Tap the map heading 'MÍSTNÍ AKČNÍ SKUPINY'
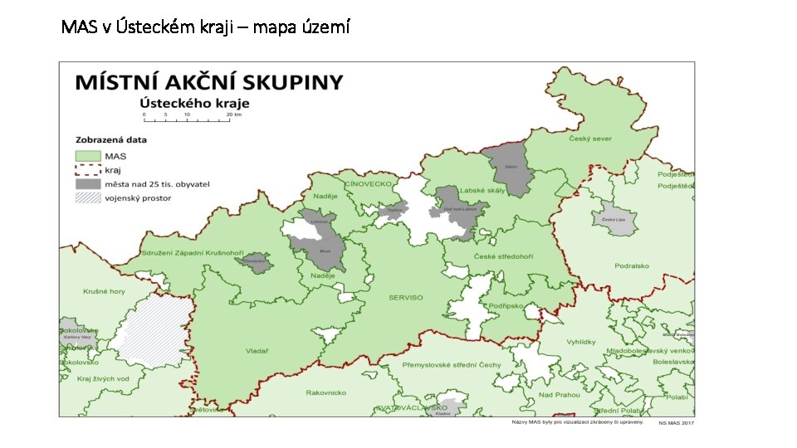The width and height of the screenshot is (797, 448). [x=208, y=82]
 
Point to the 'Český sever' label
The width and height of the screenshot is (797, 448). [x=589, y=139]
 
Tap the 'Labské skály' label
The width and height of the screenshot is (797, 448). [x=482, y=190]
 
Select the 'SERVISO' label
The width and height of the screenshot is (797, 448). [x=405, y=298]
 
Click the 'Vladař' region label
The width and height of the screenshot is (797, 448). [x=257, y=351]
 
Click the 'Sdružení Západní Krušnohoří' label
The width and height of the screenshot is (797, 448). [x=193, y=251]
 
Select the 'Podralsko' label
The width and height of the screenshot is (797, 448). [x=633, y=266]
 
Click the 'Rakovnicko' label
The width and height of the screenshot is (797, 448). [x=325, y=392]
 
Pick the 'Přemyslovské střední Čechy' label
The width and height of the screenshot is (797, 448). [x=451, y=365]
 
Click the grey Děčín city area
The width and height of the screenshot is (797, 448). [x=509, y=166]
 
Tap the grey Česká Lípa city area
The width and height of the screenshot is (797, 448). [x=614, y=218]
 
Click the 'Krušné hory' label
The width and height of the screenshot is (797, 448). [x=104, y=291]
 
